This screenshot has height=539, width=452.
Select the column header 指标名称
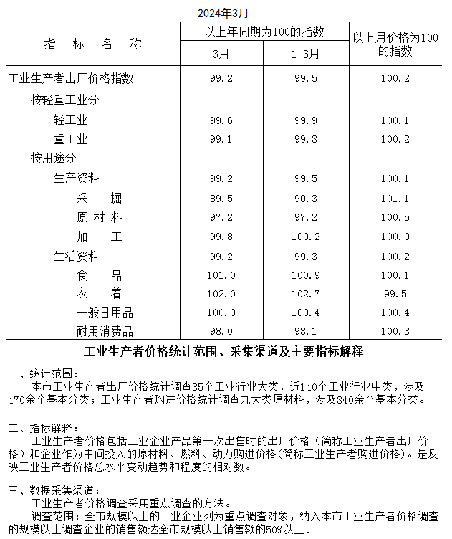point(93,44)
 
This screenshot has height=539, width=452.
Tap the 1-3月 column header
point(305,54)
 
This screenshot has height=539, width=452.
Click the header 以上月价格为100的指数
point(395,44)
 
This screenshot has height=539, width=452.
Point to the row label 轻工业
point(70,120)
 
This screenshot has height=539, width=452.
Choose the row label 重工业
point(70,139)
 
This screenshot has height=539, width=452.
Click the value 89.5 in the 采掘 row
point(222,198)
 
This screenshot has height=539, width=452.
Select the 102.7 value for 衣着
point(305,294)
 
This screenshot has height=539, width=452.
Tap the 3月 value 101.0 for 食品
point(222,275)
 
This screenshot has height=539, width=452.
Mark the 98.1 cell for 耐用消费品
point(305,331)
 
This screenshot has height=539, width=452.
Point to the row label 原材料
point(99,217)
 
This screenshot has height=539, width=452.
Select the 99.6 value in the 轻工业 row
point(222,120)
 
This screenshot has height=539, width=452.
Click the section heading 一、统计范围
point(41,373)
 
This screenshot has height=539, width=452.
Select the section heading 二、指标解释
point(41,427)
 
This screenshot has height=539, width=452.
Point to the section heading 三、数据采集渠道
point(47,491)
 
